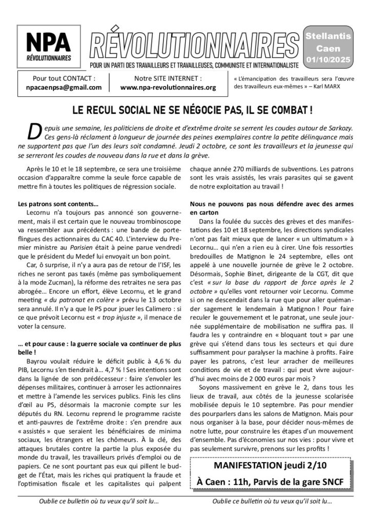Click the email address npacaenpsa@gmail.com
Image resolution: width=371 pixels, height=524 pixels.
tap(64, 88)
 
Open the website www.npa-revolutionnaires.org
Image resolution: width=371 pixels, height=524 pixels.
tap(168, 88)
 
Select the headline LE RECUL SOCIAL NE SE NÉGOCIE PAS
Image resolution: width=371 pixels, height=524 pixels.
tap(186, 110)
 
